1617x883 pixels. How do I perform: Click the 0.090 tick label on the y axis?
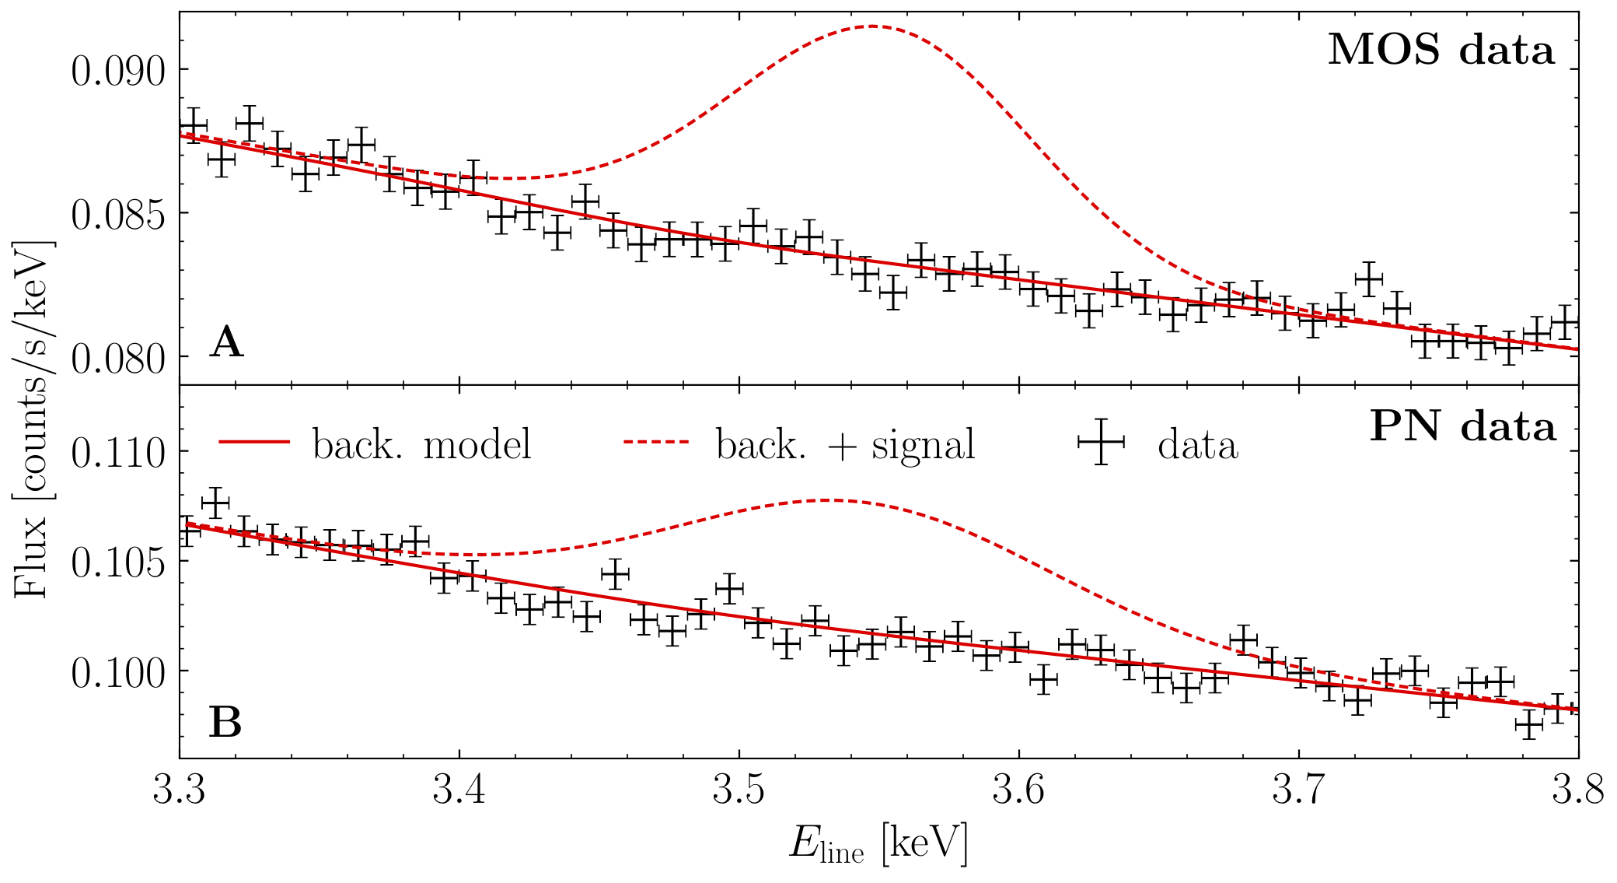(118, 72)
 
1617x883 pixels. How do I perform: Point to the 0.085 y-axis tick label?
(118, 215)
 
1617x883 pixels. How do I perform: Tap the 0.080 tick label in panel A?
(118, 359)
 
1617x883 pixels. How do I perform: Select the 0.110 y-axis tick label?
(118, 453)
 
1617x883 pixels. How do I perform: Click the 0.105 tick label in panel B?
(118, 563)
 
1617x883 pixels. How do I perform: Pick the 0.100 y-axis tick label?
(118, 673)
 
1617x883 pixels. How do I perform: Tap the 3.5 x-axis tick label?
(739, 790)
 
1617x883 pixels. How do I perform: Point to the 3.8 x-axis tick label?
(1578, 790)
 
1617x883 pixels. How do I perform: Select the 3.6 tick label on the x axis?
(1019, 790)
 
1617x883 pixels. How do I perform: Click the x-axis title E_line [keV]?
(878, 844)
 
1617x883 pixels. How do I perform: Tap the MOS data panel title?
(1441, 50)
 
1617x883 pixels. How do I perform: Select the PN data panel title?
(1462, 426)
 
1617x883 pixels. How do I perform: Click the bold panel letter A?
(226, 342)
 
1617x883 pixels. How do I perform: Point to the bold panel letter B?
(225, 723)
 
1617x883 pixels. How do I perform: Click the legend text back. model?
(422, 444)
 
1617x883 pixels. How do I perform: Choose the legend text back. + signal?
(845, 444)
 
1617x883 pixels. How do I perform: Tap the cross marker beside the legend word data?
(1101, 442)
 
